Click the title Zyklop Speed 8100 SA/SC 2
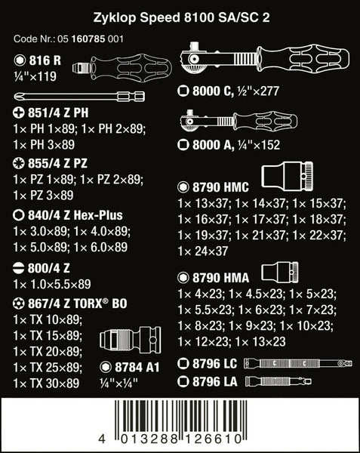pyautogui.click(x=182, y=17)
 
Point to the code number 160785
pyautogui.click(x=88, y=39)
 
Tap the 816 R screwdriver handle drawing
pyautogui.click(x=122, y=67)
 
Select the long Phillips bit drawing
pyautogui.click(x=79, y=96)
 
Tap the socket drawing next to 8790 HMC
pyautogui.click(x=287, y=177)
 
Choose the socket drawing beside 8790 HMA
pyautogui.click(x=280, y=273)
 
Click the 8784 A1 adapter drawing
pyautogui.click(x=131, y=338)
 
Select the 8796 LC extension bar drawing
pyautogui.click(x=298, y=363)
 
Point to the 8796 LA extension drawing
pyautogui.click(x=278, y=381)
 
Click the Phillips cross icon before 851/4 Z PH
pyautogui.click(x=19, y=112)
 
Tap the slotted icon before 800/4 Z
pyautogui.click(x=19, y=268)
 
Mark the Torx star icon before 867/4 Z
pyautogui.click(x=19, y=304)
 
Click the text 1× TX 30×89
pyautogui.click(x=46, y=383)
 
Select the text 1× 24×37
pyautogui.click(x=203, y=251)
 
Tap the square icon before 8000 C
pyautogui.click(x=183, y=91)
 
